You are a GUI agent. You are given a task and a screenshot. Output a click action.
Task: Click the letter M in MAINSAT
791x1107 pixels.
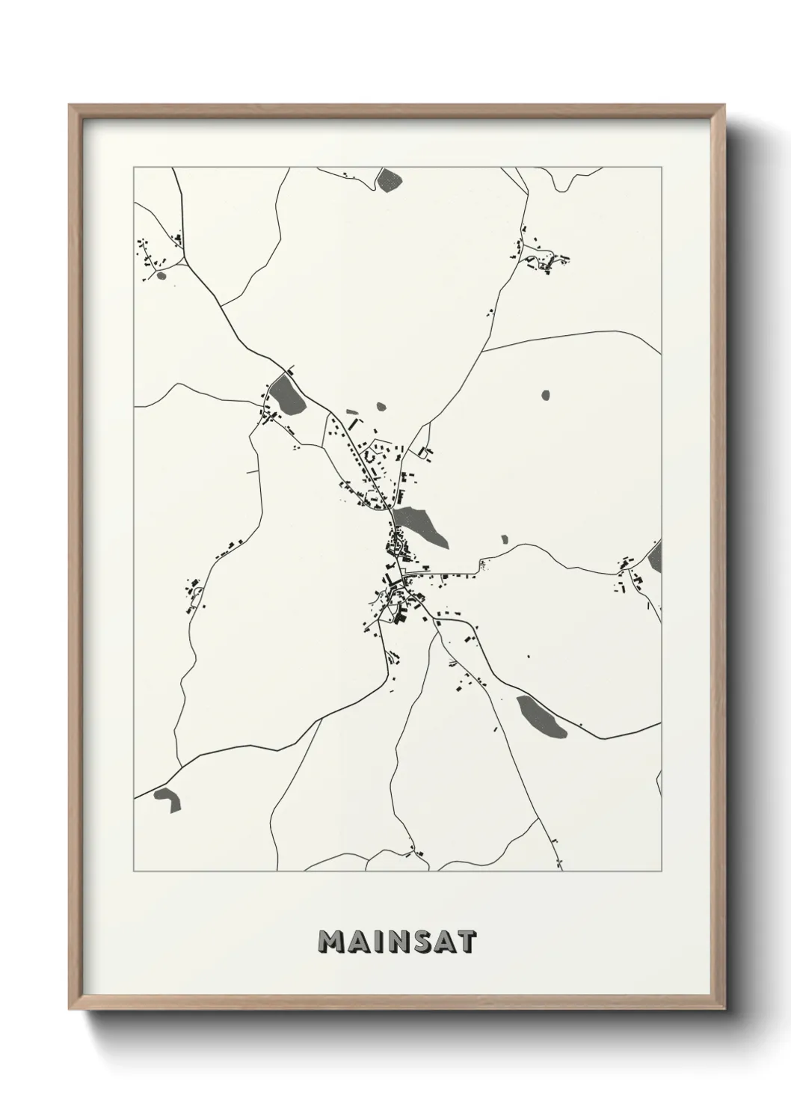pyautogui.click(x=330, y=942)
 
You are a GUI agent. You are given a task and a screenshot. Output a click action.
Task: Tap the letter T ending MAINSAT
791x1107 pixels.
pyautogui.click(x=465, y=942)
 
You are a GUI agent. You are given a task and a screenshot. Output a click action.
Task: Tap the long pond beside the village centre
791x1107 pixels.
pyautogui.click(x=420, y=524)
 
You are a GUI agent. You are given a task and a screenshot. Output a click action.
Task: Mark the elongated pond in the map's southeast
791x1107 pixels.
pyautogui.click(x=541, y=717)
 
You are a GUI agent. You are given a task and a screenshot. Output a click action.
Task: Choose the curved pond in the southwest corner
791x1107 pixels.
pyautogui.click(x=168, y=798)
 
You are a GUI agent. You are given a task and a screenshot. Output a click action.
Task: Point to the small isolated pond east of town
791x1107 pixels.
pyautogui.click(x=545, y=393)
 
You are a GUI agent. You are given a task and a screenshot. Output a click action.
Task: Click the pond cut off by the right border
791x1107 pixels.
pyautogui.click(x=656, y=556)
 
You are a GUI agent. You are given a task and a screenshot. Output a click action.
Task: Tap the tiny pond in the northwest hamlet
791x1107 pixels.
pyautogui.click(x=161, y=275)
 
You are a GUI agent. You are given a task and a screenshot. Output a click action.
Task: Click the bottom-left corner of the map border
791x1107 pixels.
pyautogui.click(x=134, y=871)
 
